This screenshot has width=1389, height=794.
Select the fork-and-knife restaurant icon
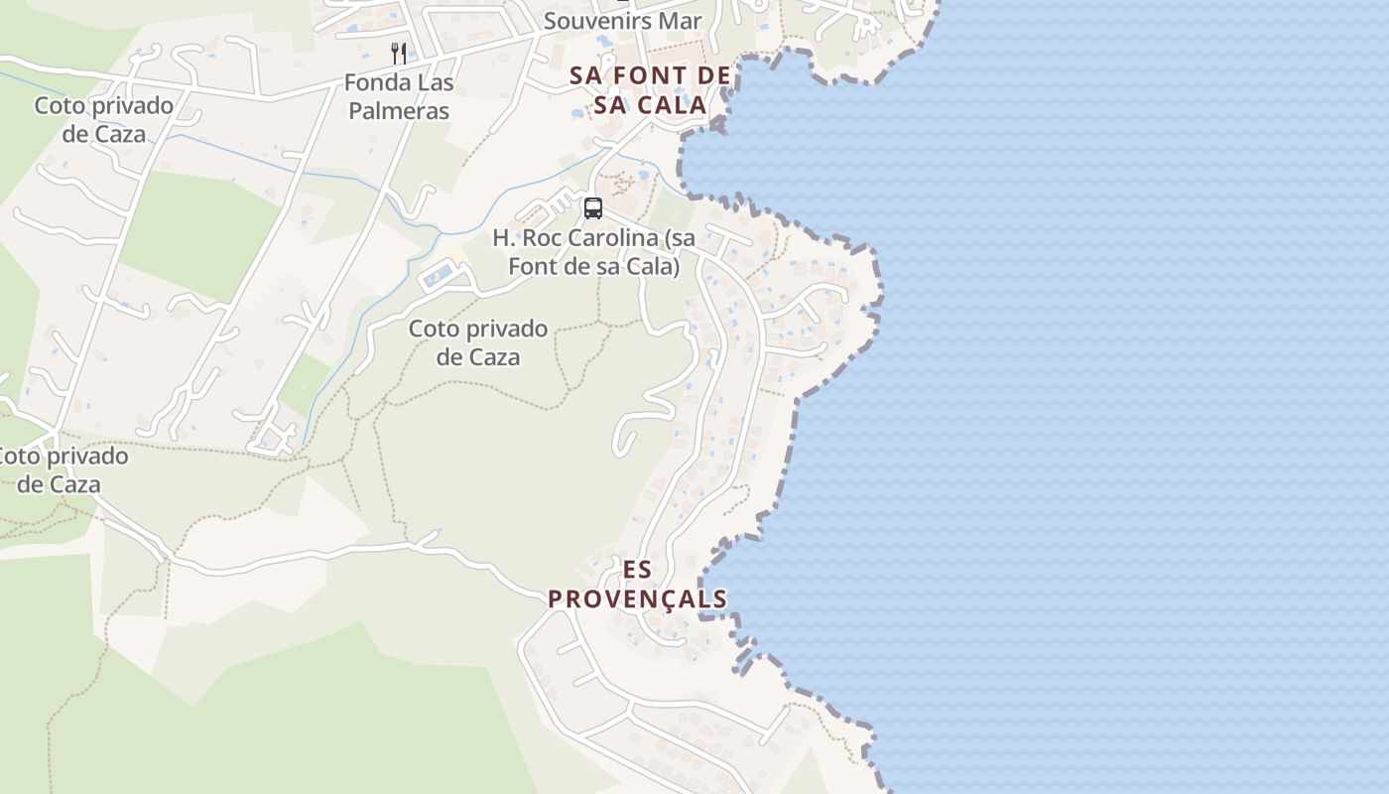(399, 53)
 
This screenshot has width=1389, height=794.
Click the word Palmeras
(399, 110)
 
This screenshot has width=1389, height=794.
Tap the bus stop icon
(593, 208)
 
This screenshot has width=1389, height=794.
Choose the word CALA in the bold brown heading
(672, 104)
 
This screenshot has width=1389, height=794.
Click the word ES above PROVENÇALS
(638, 570)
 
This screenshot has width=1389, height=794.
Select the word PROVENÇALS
(638, 598)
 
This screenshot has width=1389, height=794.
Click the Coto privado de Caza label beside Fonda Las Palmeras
(104, 119)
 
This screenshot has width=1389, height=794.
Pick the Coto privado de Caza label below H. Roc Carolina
(478, 342)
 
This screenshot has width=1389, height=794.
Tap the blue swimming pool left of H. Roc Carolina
(439, 276)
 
